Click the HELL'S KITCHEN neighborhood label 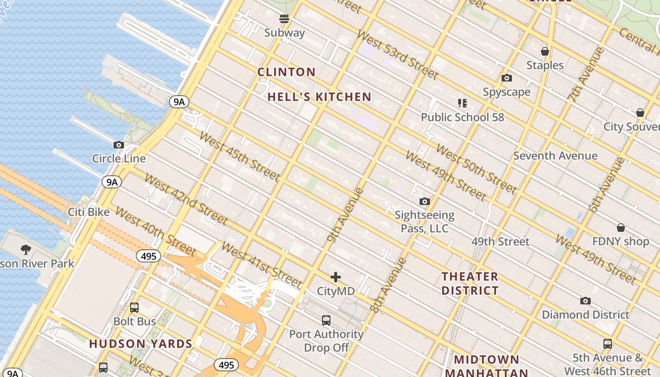(x=320, y=97)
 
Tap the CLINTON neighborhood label (x=287, y=72)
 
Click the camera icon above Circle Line (x=119, y=145)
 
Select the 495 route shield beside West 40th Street (x=148, y=256)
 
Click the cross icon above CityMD (x=336, y=277)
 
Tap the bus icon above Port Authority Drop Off (x=326, y=320)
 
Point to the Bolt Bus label (x=134, y=321)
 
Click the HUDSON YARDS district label (x=140, y=344)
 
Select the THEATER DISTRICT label (x=470, y=283)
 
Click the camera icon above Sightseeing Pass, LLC (x=425, y=202)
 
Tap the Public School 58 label (x=462, y=117)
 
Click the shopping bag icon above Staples (x=545, y=51)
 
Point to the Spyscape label (x=506, y=92)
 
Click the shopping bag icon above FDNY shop (x=621, y=228)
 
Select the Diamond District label (x=585, y=314)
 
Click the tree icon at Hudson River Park (x=26, y=249)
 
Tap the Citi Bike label (x=89, y=212)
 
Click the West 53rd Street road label (x=397, y=54)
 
